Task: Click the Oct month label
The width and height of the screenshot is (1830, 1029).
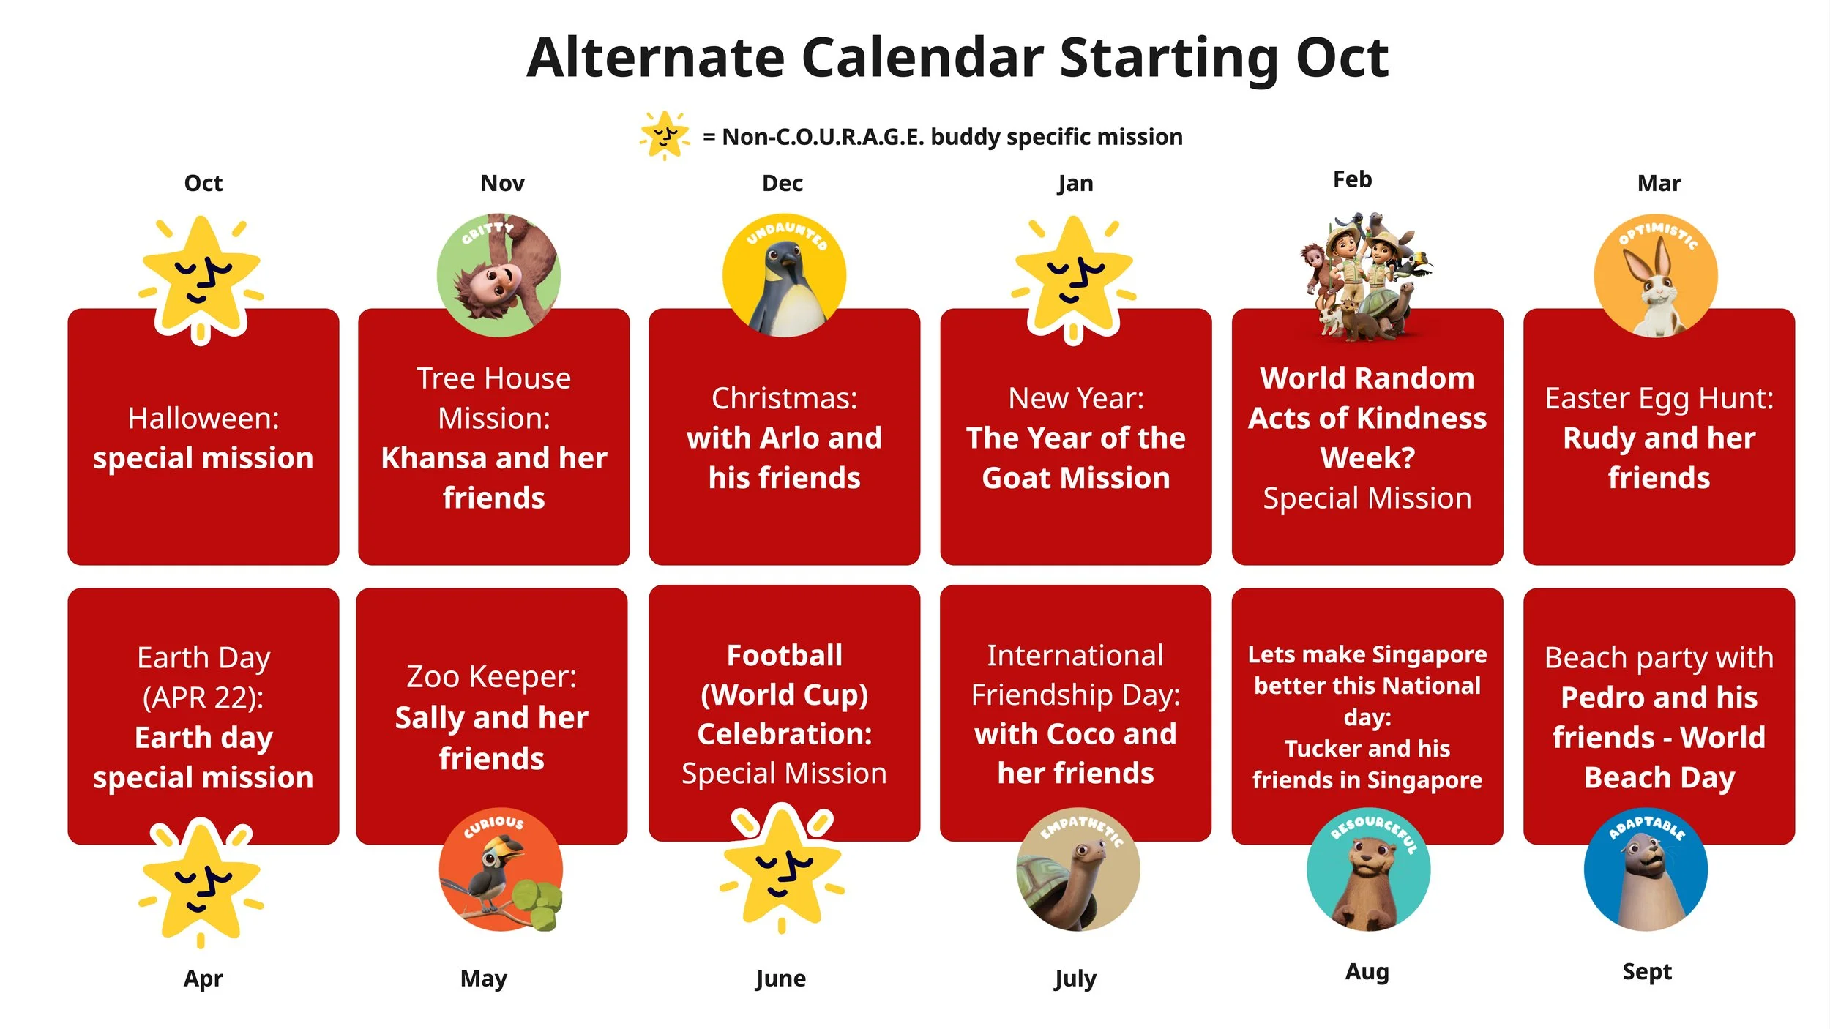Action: (203, 183)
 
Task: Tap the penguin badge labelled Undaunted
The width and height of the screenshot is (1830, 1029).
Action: (784, 275)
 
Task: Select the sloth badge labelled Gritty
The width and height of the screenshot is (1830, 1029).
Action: (498, 275)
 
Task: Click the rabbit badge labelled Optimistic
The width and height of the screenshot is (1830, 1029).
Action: (1656, 275)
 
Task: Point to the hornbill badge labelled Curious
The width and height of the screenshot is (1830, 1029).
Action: (501, 870)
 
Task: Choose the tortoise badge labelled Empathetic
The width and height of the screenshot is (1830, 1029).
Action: (1078, 870)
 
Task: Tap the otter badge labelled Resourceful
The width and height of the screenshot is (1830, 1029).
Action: (1368, 870)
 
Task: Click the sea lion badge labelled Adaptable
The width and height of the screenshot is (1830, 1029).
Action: (1646, 870)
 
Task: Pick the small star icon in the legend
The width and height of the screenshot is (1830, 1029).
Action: (665, 135)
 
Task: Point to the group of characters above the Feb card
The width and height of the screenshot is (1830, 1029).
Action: (1367, 277)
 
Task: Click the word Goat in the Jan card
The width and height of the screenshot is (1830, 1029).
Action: (1019, 478)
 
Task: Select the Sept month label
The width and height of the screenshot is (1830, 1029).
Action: (1647, 972)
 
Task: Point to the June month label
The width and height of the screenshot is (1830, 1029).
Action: (780, 979)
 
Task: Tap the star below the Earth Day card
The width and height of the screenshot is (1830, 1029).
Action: (201, 882)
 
